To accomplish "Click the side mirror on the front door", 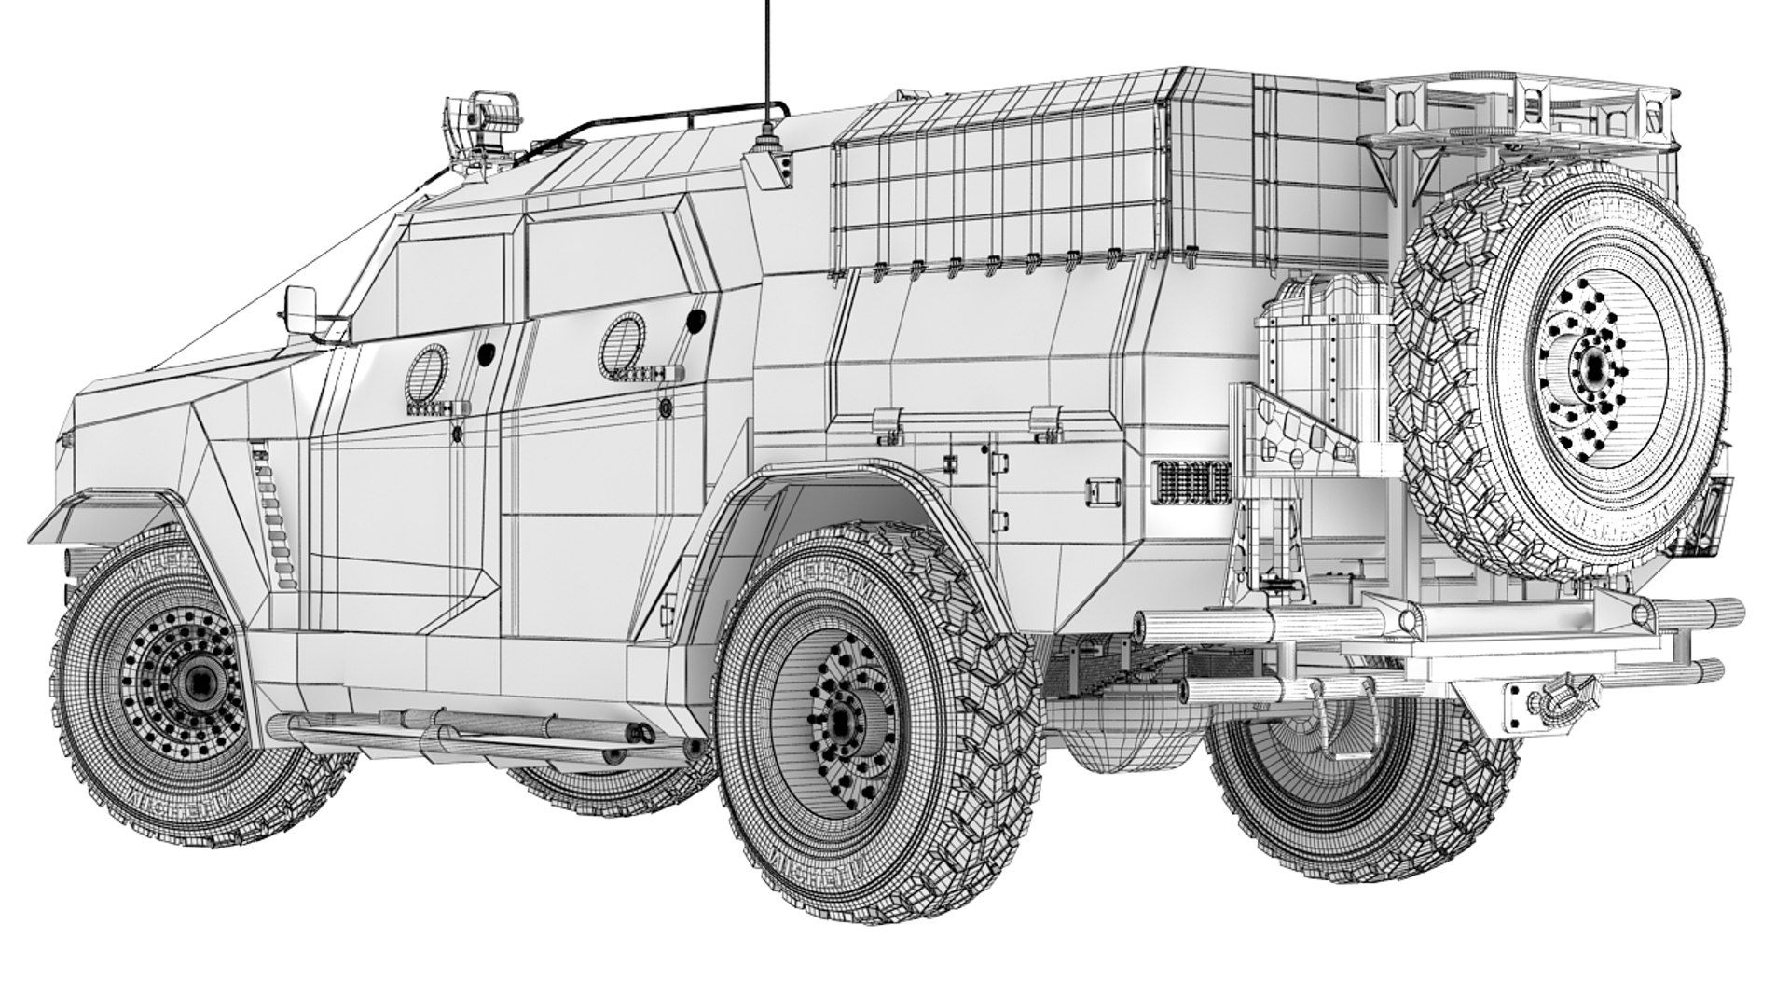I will (303, 308).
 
